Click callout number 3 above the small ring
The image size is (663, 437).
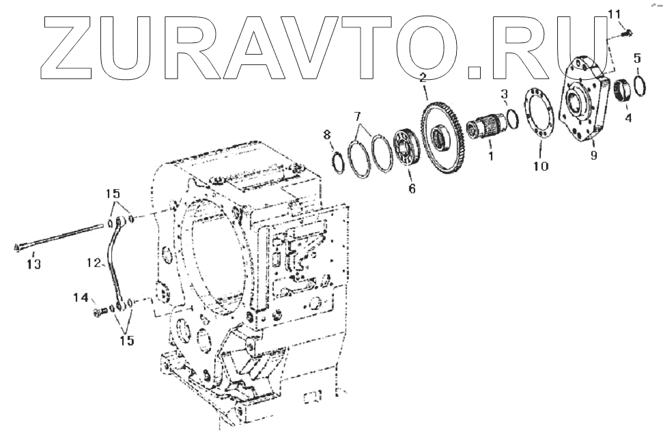(x=504, y=94)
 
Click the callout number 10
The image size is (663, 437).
(x=540, y=166)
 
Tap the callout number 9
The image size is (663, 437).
(x=593, y=156)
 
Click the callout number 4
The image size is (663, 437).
(x=627, y=117)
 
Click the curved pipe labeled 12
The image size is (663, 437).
(x=112, y=263)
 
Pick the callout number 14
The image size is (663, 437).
(x=81, y=298)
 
